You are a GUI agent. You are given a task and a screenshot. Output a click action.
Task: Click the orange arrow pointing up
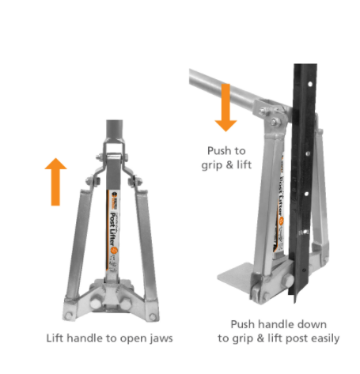(x=55, y=182)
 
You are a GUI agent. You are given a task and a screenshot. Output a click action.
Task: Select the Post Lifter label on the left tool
(x=114, y=229)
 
